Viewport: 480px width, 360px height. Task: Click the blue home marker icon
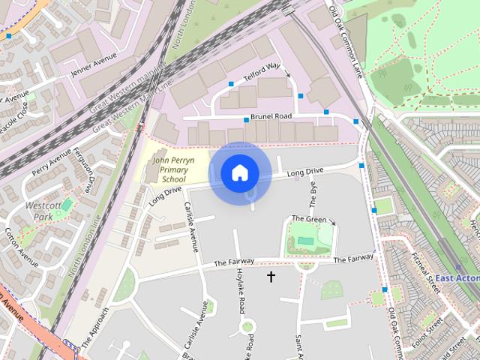pos(239,173)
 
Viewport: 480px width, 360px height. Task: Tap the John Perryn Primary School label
pos(173,170)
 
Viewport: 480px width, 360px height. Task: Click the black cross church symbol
pos(271,277)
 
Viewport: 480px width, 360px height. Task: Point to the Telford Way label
pos(262,71)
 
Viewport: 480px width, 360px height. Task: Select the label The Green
pos(309,220)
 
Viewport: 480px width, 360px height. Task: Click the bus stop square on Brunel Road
pos(245,120)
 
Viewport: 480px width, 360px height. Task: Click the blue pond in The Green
pos(306,241)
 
